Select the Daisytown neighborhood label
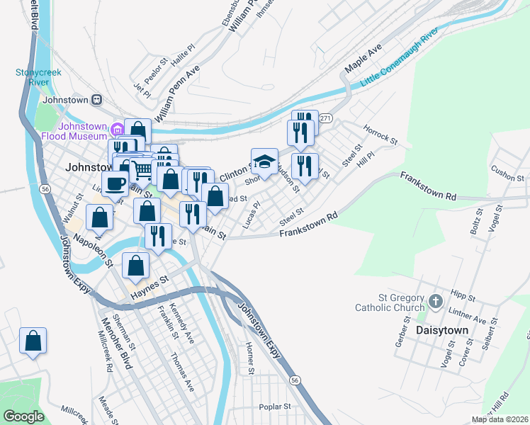pyautogui.click(x=443, y=331)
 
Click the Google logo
pyautogui.click(x=23, y=416)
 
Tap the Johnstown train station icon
pyautogui.click(x=97, y=100)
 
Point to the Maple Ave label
pyautogui.click(x=363, y=59)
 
